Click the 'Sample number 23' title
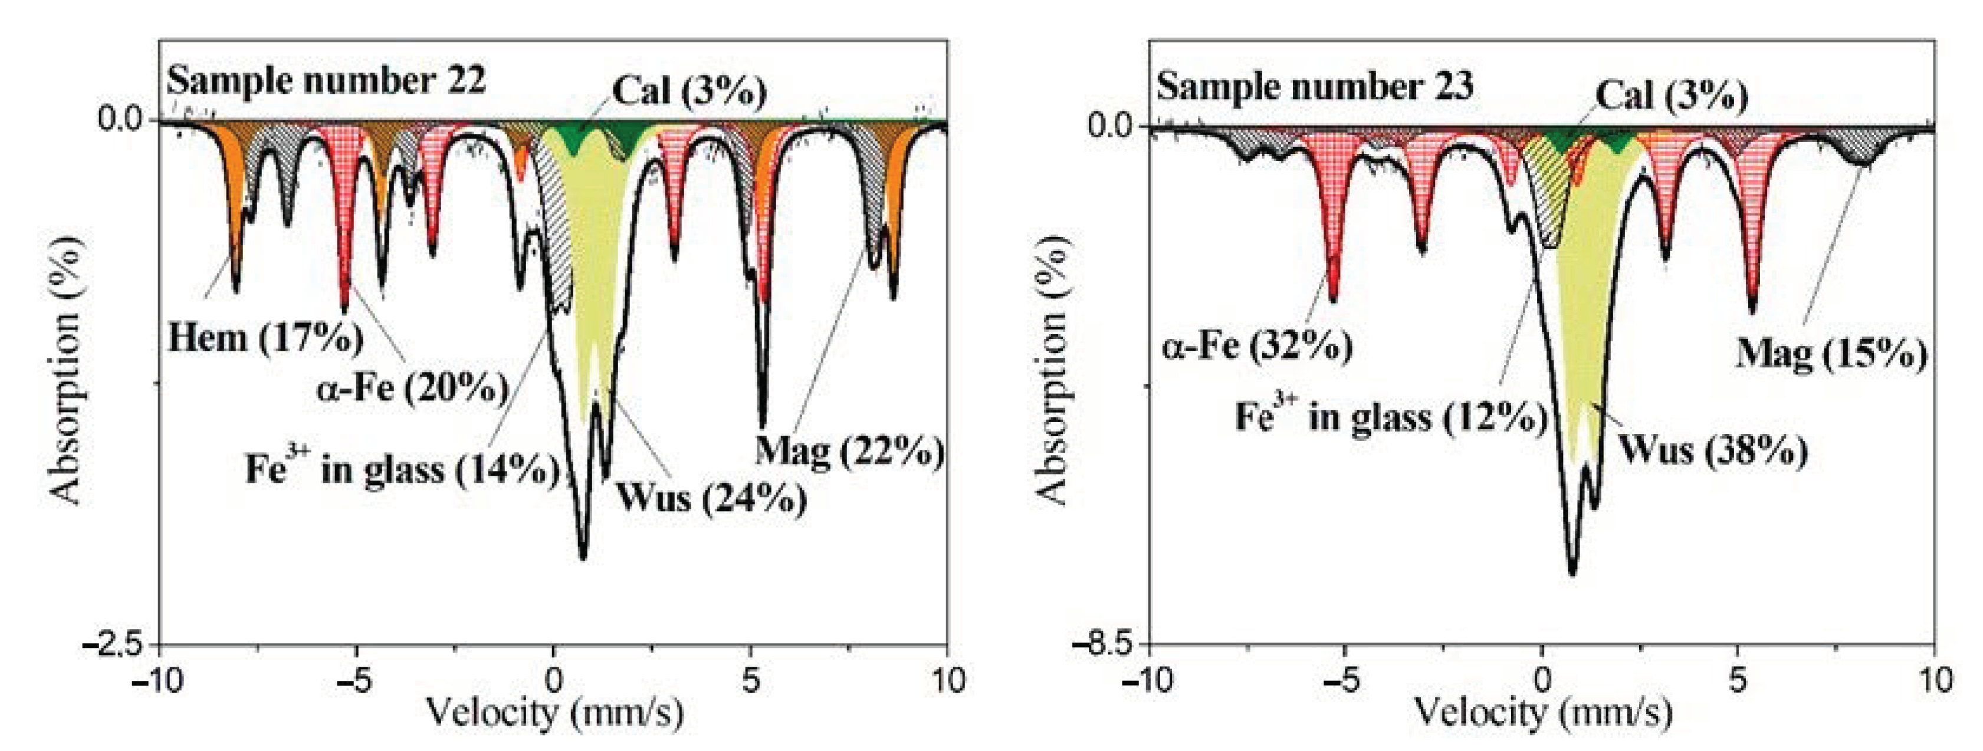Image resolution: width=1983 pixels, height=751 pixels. click(x=1315, y=86)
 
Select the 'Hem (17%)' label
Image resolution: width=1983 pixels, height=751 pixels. click(x=265, y=338)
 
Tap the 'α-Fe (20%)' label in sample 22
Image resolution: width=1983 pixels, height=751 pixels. click(x=413, y=388)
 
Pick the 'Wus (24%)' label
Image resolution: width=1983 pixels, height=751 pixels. click(x=711, y=499)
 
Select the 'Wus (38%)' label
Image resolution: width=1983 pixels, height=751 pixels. click(x=1713, y=450)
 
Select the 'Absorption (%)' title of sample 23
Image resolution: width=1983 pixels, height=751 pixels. click(x=1052, y=370)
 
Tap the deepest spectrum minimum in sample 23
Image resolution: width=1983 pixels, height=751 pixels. click(x=1572, y=572)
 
